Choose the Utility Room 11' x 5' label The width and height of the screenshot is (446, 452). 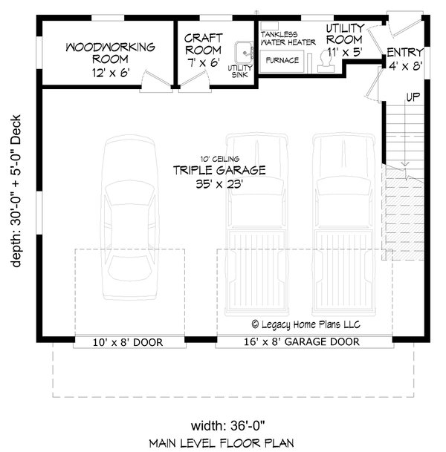pyautogui.click(x=343, y=40)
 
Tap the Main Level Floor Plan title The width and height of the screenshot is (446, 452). pyautogui.click(x=222, y=443)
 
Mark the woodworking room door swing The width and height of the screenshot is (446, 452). pyautogui.click(x=153, y=81)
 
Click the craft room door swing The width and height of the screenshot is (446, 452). pyautogui.click(x=188, y=81)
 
